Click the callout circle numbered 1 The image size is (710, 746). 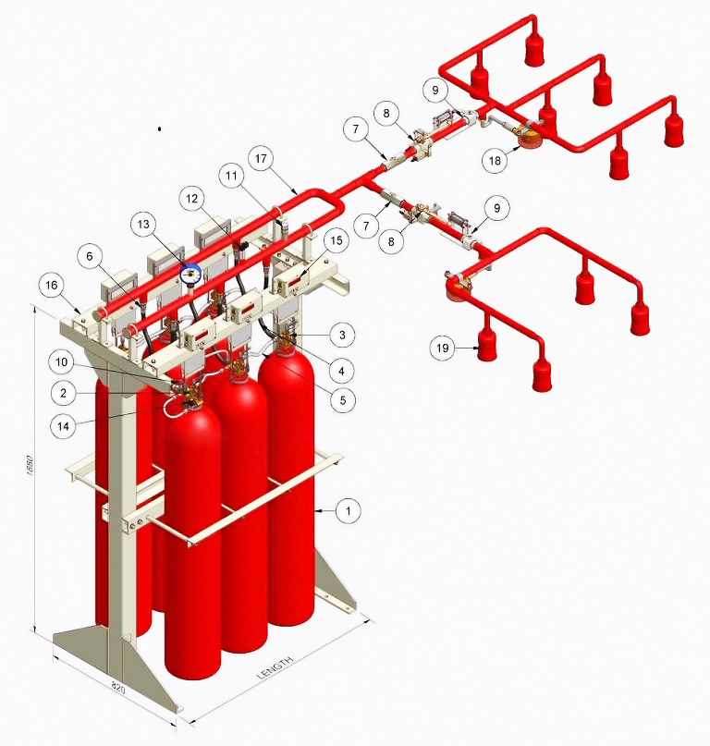point(349,511)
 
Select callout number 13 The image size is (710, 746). point(143,225)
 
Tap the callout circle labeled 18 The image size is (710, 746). point(495,160)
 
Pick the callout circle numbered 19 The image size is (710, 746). point(443,348)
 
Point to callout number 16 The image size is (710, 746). point(52,285)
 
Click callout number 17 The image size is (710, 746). point(261,158)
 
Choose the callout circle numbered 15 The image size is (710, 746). point(337,240)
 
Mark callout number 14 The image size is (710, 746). point(63,426)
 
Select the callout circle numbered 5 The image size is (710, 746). point(343,400)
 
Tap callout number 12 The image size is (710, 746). point(191,199)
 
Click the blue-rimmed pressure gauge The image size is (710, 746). point(190,275)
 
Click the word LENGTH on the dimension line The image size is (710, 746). point(275,669)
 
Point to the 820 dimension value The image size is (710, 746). point(117,687)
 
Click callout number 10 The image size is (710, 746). point(61,362)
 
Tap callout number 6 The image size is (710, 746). point(90,257)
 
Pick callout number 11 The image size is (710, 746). point(231,176)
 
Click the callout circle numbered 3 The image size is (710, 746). point(342,335)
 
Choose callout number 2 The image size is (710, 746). point(63,393)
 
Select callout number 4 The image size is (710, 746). point(341,370)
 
